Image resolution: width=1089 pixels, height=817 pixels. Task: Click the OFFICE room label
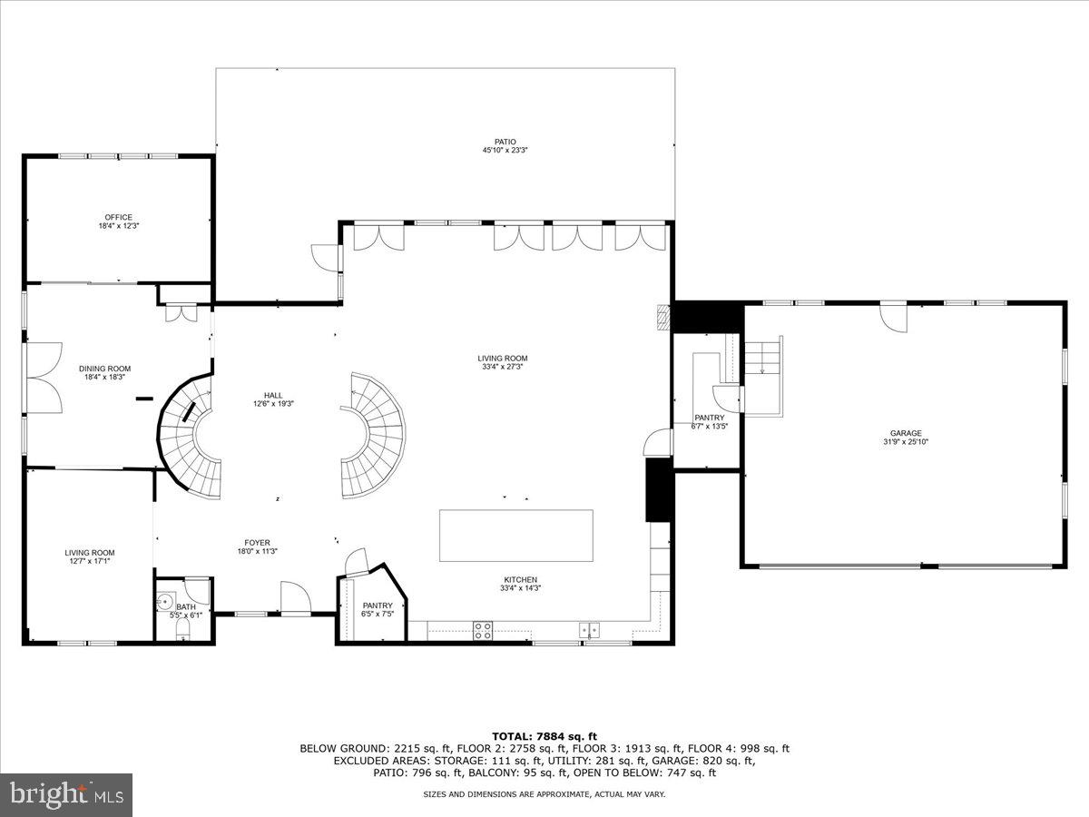[x=118, y=217]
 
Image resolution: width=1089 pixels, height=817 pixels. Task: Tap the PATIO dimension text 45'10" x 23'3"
[x=505, y=151]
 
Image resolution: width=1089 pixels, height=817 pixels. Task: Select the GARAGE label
[x=905, y=433]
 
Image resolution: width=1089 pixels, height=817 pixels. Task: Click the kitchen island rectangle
[x=516, y=536]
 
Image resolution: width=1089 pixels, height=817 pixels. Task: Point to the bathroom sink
[x=165, y=601]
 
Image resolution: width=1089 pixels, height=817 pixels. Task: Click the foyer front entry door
[x=295, y=600]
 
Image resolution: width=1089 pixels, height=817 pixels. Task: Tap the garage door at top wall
[x=893, y=318]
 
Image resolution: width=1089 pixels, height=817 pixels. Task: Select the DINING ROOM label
[x=107, y=369]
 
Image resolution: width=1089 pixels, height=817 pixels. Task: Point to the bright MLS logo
[x=65, y=795]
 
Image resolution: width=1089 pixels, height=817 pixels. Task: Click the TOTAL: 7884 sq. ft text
[x=544, y=736]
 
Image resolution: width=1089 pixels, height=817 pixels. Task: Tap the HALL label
[x=273, y=395]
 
